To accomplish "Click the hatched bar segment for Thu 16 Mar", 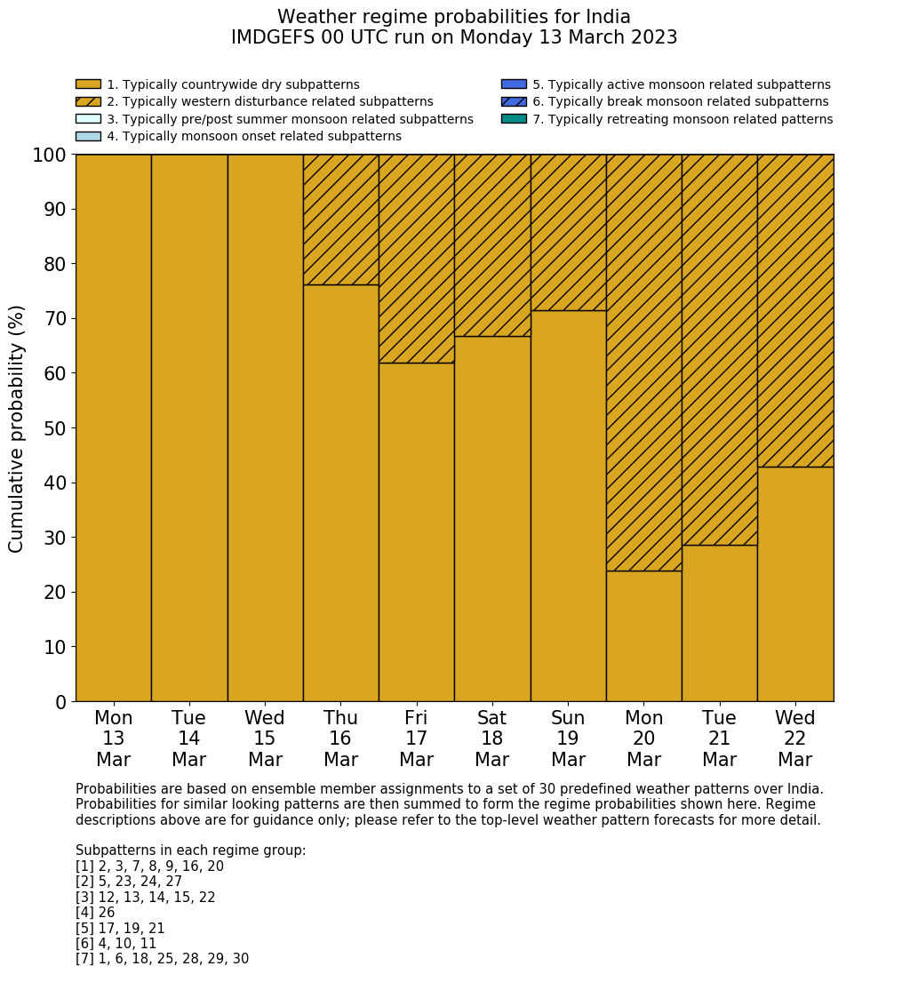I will click(340, 220).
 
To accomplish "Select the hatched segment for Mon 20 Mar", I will click(643, 363).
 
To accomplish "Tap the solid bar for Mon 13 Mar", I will click(113, 427).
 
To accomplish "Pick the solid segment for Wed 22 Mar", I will click(795, 584).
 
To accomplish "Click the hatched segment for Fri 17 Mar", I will click(416, 259).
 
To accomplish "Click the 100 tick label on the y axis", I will click(49, 156).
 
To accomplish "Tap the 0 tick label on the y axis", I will click(60, 702).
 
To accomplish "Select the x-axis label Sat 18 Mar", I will click(491, 739).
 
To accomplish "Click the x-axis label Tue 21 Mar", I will click(719, 739).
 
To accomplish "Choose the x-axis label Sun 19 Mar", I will click(568, 739).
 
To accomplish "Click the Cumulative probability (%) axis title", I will click(17, 428).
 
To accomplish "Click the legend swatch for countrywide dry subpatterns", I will click(88, 84).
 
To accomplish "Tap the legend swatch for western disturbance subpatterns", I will click(88, 101).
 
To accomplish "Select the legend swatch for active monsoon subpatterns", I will click(514, 84).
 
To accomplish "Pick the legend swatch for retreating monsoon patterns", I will click(514, 118).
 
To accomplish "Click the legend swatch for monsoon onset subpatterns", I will click(88, 136).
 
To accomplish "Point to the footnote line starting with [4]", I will click(95, 913).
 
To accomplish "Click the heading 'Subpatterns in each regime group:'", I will click(190, 850).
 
